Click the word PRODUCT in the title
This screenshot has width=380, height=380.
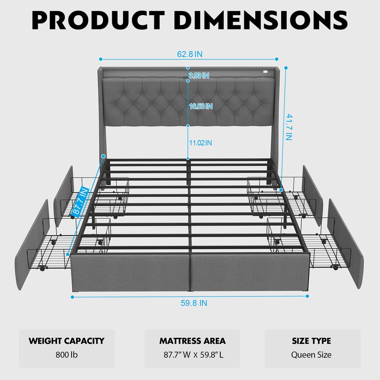point(98,21)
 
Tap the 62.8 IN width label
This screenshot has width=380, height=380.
point(189,54)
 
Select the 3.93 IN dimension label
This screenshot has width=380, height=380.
point(199,75)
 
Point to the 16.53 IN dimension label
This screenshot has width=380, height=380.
point(201,106)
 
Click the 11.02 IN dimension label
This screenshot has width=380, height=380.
point(200,143)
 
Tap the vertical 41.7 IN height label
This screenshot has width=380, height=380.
point(289,127)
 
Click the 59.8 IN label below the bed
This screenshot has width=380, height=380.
point(194,303)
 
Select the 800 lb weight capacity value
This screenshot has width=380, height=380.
point(67,355)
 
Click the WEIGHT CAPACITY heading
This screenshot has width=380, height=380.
point(66,341)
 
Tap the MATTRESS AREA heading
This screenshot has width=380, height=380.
point(193,341)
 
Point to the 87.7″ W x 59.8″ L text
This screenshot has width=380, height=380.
point(194,355)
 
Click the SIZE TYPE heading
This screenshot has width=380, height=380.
point(311,341)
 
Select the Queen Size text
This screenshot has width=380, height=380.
point(311,355)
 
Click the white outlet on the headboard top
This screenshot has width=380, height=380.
point(265,72)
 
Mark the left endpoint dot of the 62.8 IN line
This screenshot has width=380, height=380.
point(101,59)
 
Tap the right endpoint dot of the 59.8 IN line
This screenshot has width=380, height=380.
point(307,296)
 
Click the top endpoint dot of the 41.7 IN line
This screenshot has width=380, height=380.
point(286,68)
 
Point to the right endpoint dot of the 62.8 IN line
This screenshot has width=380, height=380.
point(277,59)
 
